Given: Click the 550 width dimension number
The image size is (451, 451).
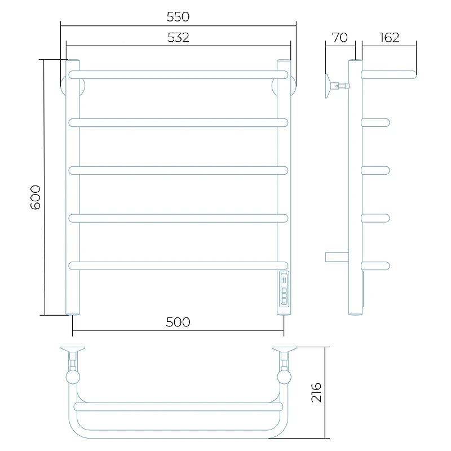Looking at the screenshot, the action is (178, 17).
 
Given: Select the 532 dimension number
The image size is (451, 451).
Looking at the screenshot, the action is (178, 38).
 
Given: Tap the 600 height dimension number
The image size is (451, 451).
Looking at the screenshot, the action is (36, 197).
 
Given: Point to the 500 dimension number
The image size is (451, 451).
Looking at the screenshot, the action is (178, 322).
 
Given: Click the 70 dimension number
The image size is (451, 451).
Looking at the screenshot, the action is (340, 38).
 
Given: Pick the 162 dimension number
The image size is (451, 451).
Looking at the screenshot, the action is (389, 38).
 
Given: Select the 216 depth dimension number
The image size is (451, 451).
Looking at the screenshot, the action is (316, 392).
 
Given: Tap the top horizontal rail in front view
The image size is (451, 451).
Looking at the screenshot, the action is (178, 75).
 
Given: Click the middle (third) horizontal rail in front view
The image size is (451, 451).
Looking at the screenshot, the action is (178, 171).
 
